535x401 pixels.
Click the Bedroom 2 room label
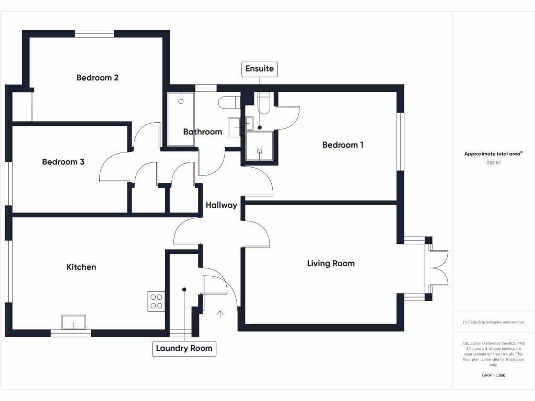point(97,78)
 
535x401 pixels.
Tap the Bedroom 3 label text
point(63,162)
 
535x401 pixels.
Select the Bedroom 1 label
point(343,145)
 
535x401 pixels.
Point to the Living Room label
point(331,264)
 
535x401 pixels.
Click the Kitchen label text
point(81,267)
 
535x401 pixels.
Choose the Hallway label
point(221,205)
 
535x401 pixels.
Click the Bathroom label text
point(202,132)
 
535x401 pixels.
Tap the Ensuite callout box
point(260,69)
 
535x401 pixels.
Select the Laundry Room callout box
point(184,348)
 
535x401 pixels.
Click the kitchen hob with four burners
point(157,301)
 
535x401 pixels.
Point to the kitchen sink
point(73,322)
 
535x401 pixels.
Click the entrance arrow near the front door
point(220,314)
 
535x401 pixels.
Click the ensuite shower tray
point(260,146)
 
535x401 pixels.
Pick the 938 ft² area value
point(494,162)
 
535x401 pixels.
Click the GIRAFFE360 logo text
point(494,375)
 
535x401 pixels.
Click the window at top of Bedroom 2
point(94,34)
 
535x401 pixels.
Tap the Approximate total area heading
point(493,154)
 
